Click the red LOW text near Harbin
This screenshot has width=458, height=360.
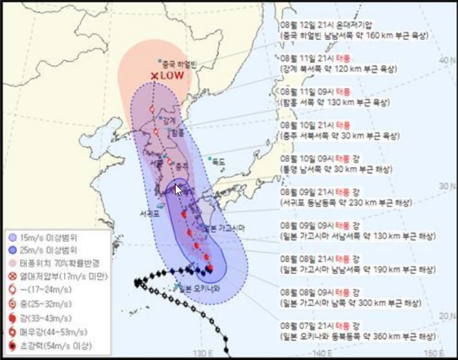(172, 75)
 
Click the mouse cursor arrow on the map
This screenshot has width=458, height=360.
(179, 189)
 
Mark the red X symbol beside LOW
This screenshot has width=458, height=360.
(154, 76)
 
